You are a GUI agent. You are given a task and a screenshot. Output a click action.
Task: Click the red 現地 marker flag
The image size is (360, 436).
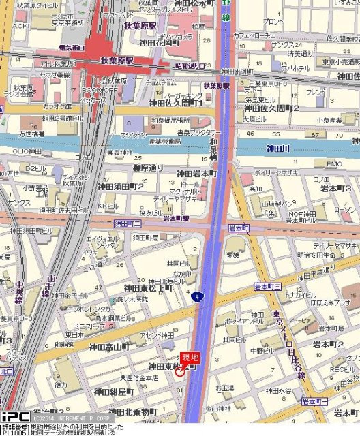(x=190, y=358)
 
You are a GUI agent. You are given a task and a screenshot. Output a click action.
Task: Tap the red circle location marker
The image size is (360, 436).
(x=180, y=371)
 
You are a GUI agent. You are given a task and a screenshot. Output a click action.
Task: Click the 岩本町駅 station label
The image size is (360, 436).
(x=176, y=219)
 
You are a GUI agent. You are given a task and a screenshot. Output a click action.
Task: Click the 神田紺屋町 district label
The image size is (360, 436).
(x=113, y=392)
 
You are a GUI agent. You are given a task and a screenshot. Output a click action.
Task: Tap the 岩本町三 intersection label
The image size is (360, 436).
(x=268, y=285)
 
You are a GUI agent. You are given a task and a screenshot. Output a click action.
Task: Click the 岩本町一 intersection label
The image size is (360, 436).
(x=316, y=401)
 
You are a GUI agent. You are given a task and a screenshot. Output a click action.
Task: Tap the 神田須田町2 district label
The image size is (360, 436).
(x=120, y=186)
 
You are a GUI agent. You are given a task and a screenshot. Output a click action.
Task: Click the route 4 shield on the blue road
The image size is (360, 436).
(x=196, y=296)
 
